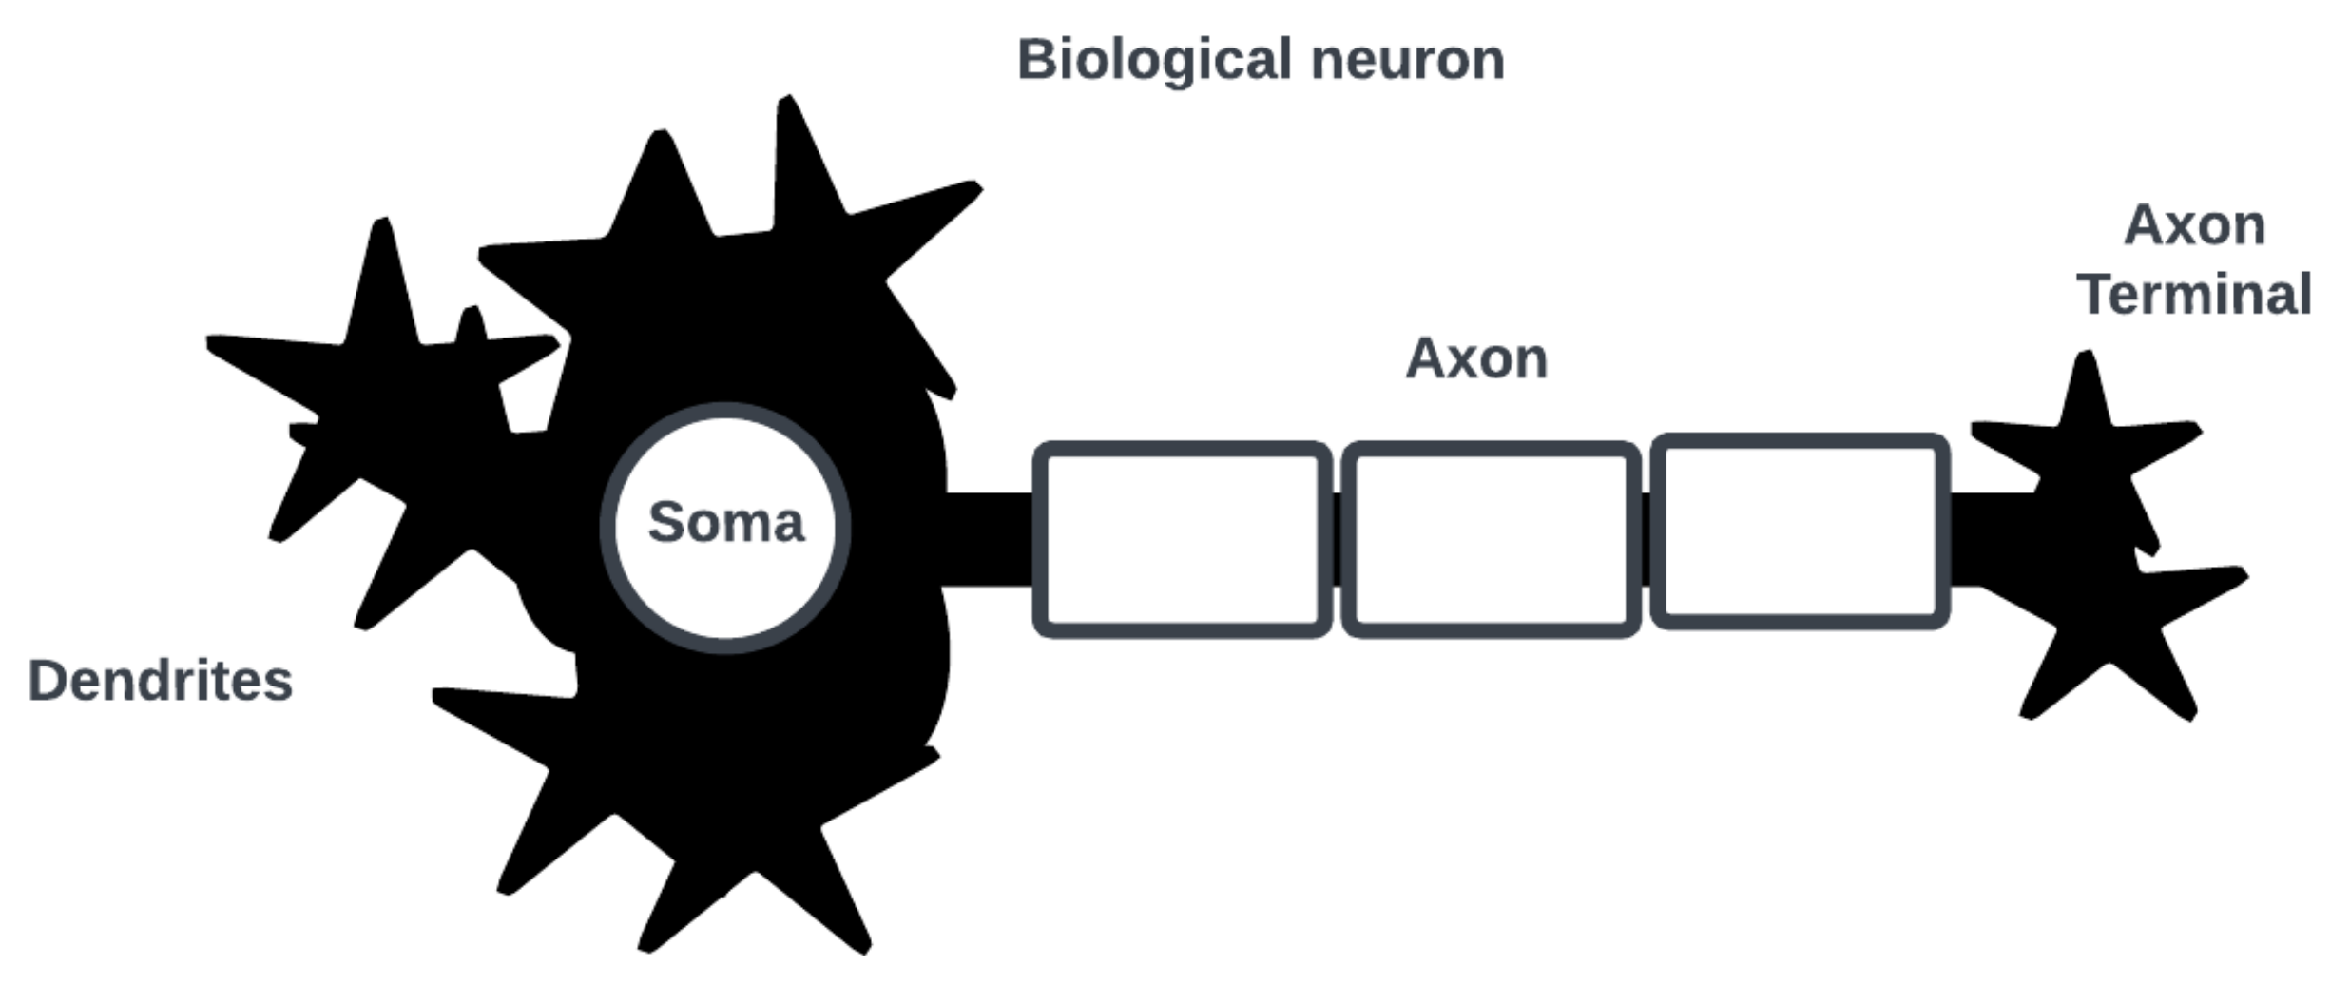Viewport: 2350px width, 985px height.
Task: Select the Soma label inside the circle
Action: pyautogui.click(x=726, y=523)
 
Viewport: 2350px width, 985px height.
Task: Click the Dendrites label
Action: pyautogui.click(x=160, y=682)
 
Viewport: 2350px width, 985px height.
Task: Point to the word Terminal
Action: pyautogui.click(x=2194, y=294)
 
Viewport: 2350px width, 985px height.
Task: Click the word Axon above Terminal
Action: pyautogui.click(x=2194, y=226)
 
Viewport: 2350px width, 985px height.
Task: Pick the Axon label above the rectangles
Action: pyautogui.click(x=1476, y=359)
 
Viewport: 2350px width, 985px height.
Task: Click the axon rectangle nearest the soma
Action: pyautogui.click(x=1182, y=539)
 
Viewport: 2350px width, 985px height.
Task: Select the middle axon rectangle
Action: pyautogui.click(x=1490, y=539)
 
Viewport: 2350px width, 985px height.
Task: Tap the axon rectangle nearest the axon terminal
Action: pyautogui.click(x=1800, y=532)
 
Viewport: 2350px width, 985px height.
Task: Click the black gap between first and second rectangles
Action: pyautogui.click(x=1336, y=539)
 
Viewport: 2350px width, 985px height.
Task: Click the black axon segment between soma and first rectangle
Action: pyautogui.click(x=989, y=539)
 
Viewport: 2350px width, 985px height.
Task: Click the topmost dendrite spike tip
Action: pyautogui.click(x=787, y=103)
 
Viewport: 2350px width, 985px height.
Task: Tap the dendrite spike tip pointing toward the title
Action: pyautogui.click(x=973, y=186)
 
